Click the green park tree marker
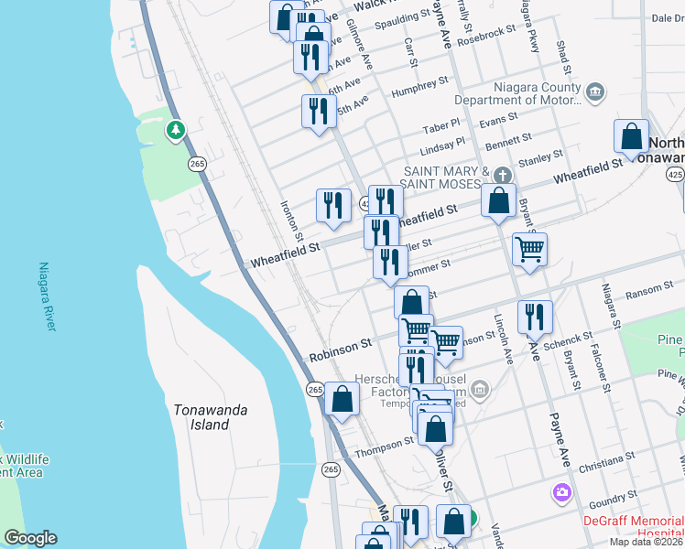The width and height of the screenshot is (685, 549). coord(175,131)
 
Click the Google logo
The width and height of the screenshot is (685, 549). coord(30,538)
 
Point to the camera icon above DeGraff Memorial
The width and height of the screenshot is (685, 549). coord(561,493)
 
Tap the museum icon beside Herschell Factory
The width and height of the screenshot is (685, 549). coord(481,392)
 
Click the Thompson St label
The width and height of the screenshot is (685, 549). coord(385,445)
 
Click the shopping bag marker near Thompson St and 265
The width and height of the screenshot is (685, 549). coord(342,399)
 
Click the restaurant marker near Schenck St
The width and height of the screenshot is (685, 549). coord(536,316)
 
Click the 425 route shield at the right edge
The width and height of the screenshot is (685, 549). coord(675,174)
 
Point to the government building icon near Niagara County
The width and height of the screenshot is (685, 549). coord(595,91)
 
